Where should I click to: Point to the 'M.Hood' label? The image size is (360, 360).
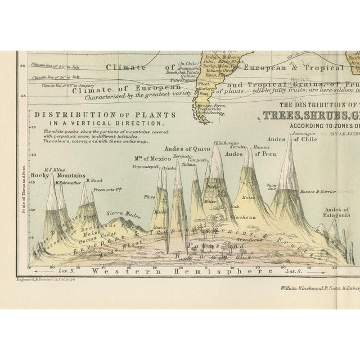click(92, 180)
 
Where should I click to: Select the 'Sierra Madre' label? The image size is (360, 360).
click(121, 213)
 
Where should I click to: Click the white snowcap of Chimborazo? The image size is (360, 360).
click(216, 155)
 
